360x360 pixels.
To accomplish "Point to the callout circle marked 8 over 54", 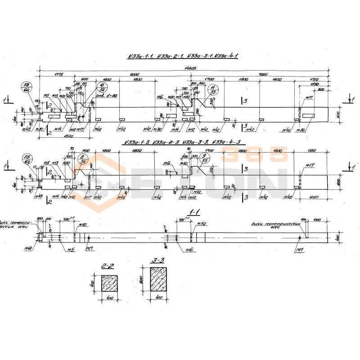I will pyautogui.click(x=83, y=159).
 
